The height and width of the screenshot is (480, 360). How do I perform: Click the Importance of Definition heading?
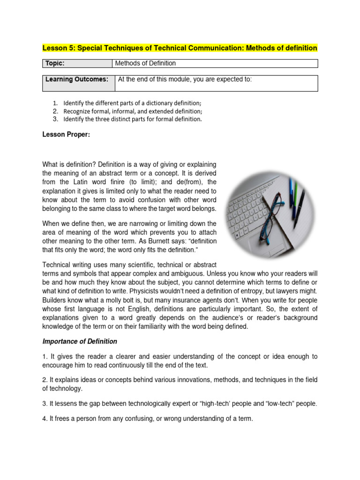(x=80, y=341)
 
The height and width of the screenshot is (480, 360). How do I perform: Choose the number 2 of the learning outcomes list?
(x=55, y=111)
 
